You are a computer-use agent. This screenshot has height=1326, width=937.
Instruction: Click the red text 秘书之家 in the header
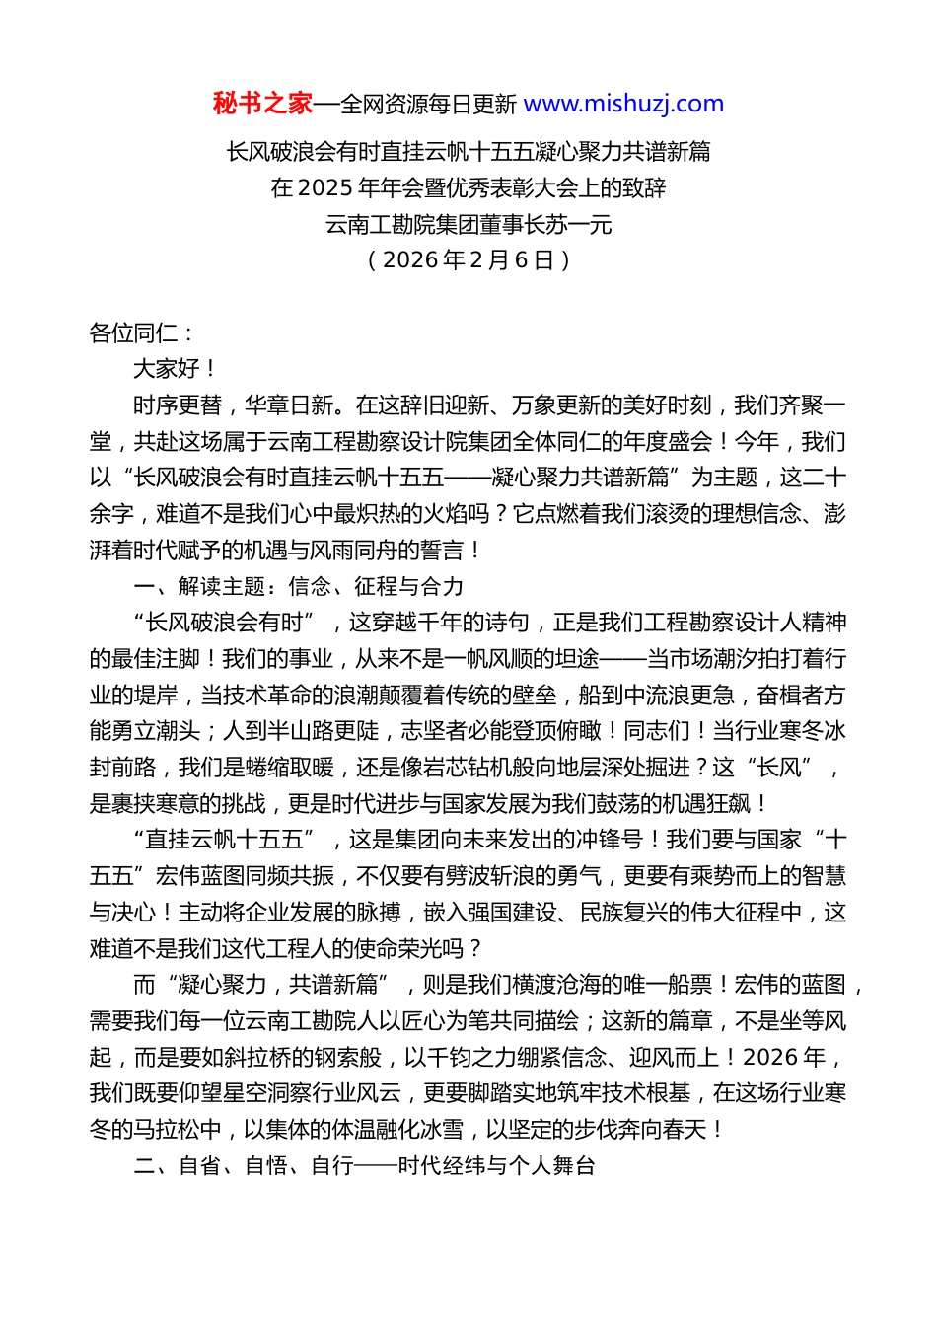pyautogui.click(x=262, y=104)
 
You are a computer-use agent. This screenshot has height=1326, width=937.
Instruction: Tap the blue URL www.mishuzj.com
pyautogui.click(x=623, y=104)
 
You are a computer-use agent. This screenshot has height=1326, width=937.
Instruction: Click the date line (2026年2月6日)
pyautogui.click(x=468, y=259)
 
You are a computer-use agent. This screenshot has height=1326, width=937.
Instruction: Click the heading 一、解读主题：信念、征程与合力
pyautogui.click(x=298, y=586)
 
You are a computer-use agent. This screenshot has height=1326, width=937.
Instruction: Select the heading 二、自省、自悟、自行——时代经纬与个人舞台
pyautogui.click(x=364, y=1165)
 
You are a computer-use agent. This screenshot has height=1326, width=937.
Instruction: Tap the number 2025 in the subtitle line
pyautogui.click(x=323, y=187)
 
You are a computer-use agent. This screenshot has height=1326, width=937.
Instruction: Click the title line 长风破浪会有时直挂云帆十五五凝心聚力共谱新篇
pyautogui.click(x=468, y=151)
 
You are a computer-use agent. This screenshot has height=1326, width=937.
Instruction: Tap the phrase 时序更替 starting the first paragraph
pyautogui.click(x=177, y=405)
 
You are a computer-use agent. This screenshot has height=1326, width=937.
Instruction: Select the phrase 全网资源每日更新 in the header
pyautogui.click(x=428, y=104)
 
